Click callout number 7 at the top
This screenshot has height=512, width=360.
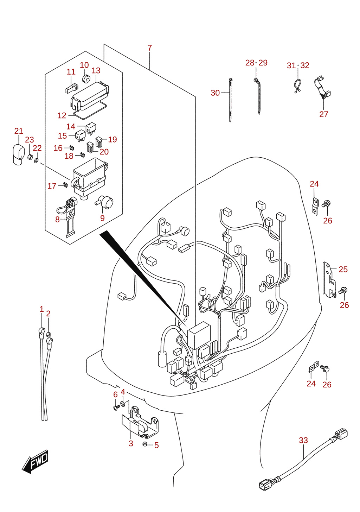coord(150,48)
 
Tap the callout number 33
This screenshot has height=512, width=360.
coord(303,440)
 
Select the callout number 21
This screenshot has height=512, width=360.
coord(19,131)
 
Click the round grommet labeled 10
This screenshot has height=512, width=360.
coord(86,78)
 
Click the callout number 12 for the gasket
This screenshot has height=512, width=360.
coord(62,115)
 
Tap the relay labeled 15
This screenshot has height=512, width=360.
coord(80,136)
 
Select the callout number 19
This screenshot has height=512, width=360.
coord(112,139)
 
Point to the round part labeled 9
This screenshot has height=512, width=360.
coord(105,202)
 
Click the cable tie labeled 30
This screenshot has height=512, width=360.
coord(230,100)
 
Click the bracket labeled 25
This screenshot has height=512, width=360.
coord(329,280)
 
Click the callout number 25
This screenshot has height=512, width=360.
coord(343,269)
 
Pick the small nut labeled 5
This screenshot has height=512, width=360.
coord(144,444)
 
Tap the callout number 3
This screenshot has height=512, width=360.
coord(131,443)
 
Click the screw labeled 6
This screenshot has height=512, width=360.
coord(116,407)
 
